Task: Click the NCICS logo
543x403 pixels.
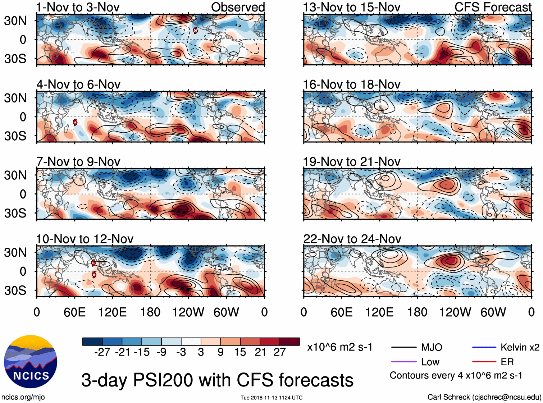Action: (31, 362)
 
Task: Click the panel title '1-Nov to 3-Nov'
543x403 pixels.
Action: (78, 7)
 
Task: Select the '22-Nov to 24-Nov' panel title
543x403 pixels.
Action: (352, 239)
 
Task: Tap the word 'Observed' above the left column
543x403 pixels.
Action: (238, 7)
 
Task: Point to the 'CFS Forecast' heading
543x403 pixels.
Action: (493, 7)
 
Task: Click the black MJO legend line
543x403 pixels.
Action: (403, 347)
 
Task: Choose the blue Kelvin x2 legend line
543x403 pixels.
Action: (484, 347)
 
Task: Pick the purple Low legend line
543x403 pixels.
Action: (403, 362)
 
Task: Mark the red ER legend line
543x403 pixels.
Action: (484, 362)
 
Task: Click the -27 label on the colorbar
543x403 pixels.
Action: (102, 352)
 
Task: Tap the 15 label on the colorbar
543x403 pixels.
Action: (240, 352)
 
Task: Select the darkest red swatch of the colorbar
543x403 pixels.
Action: (289, 342)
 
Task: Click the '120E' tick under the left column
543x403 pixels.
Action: (113, 312)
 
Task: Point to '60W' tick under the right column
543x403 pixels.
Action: (493, 312)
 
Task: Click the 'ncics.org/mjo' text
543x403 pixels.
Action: (23, 397)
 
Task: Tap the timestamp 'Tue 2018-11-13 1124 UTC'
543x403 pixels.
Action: (271, 398)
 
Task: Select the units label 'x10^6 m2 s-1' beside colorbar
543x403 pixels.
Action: (339, 347)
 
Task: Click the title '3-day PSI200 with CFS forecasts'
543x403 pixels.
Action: (217, 380)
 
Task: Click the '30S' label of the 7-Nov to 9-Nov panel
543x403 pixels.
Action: (15, 213)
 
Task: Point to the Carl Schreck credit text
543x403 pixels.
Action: (484, 397)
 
